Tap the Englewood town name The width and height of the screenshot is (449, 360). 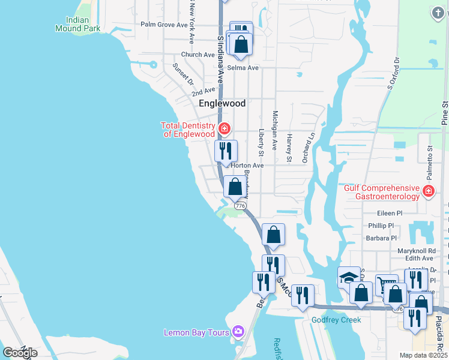click(x=222, y=103)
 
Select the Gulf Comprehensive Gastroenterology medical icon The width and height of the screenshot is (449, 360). click(x=428, y=191)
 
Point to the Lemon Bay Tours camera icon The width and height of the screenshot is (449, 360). click(x=239, y=331)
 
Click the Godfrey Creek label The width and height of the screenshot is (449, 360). click(x=336, y=320)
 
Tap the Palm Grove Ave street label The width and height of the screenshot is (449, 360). click(x=164, y=25)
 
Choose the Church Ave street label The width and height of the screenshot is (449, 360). click(x=197, y=55)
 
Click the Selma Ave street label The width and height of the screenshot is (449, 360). click(x=244, y=68)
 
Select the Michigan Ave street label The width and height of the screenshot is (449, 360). click(x=275, y=130)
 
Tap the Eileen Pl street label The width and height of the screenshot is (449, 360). click(x=390, y=213)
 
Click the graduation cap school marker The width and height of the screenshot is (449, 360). click(x=348, y=277)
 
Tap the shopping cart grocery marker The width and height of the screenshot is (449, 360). click(x=387, y=284)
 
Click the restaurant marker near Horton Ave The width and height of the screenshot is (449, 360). click(x=226, y=151)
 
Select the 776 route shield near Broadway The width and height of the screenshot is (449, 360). click(x=241, y=205)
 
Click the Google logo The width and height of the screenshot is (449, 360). click(x=20, y=352)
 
